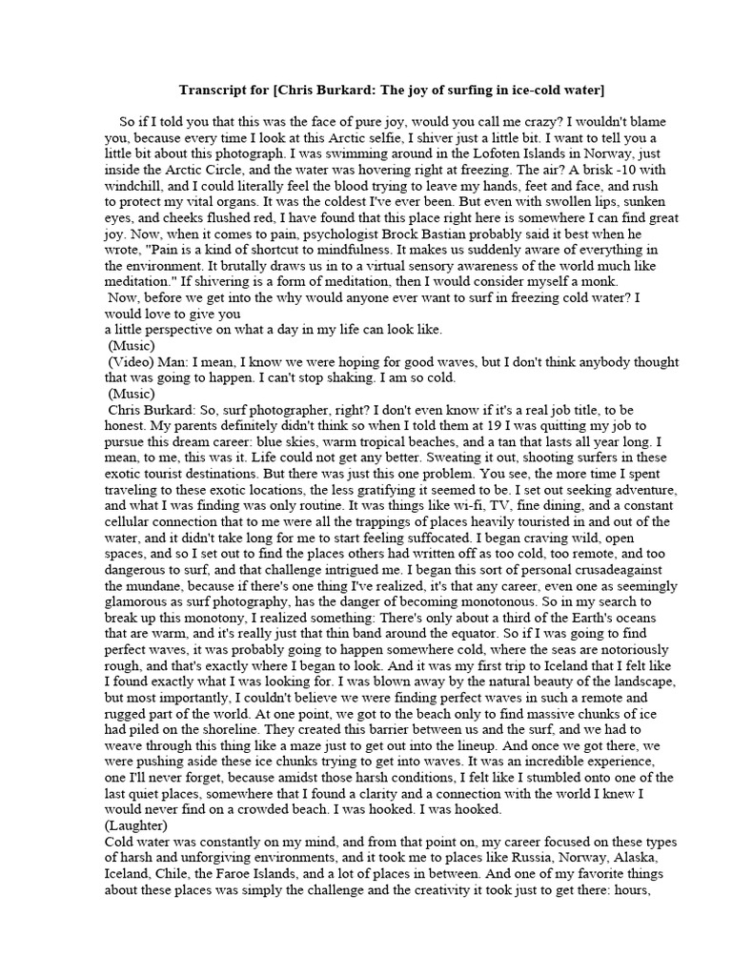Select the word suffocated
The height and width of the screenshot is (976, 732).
(378, 539)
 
